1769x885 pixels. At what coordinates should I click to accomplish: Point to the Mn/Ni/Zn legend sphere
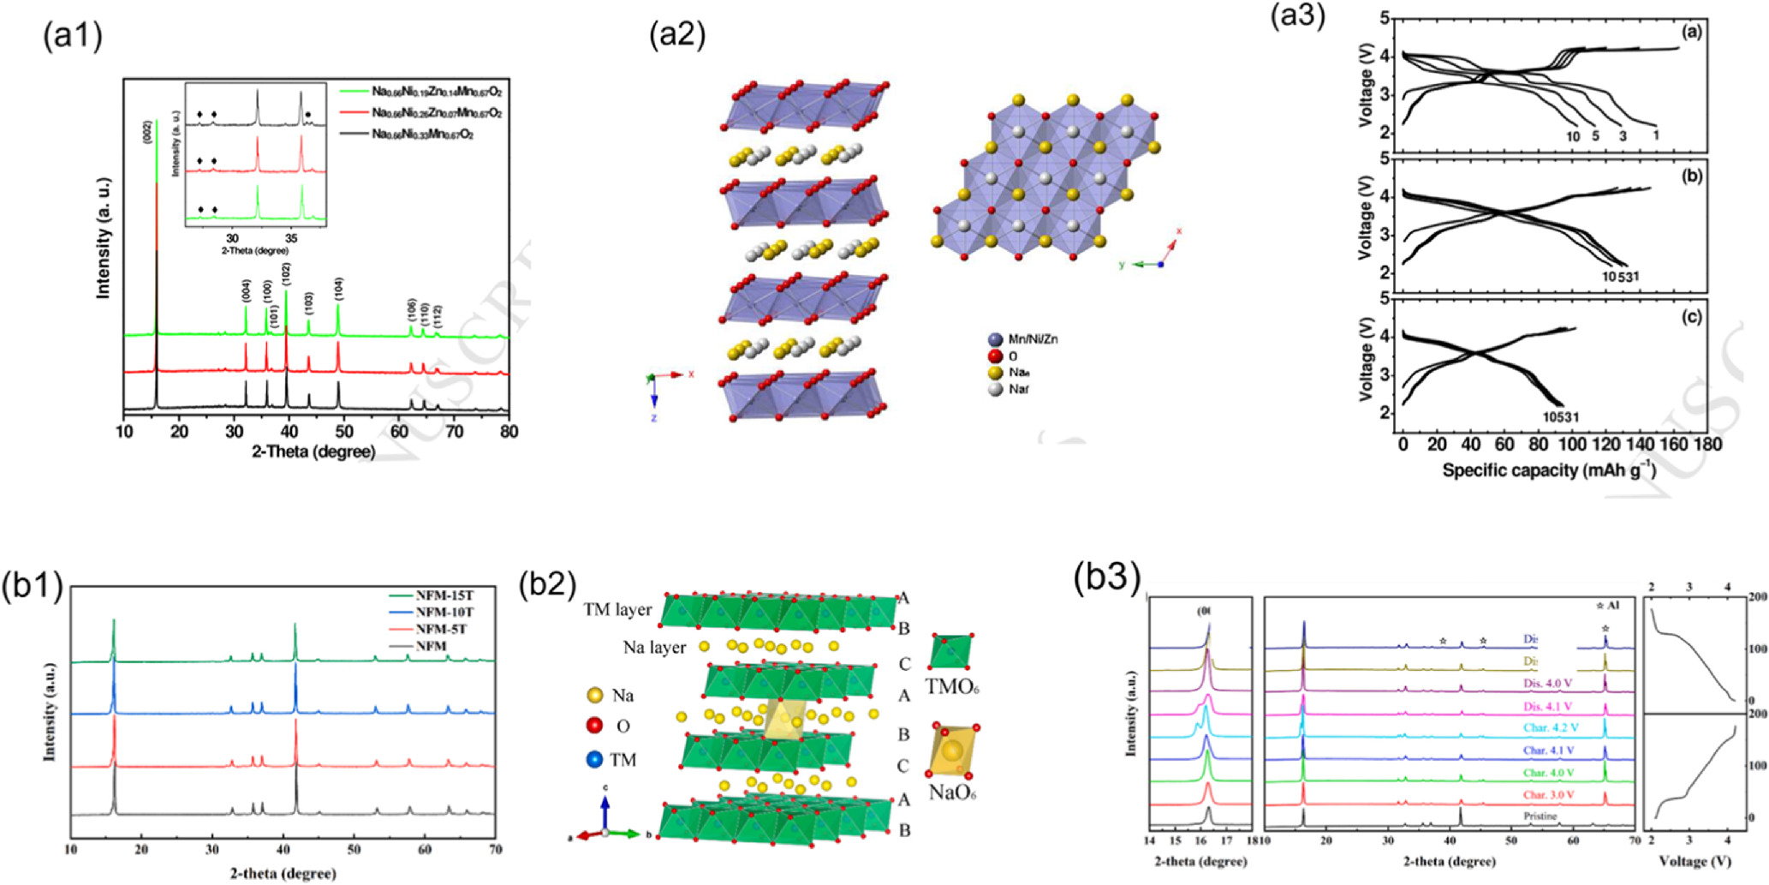tap(994, 339)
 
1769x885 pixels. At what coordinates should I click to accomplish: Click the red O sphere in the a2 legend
tap(994, 356)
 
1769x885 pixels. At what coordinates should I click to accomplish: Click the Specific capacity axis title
tap(1548, 470)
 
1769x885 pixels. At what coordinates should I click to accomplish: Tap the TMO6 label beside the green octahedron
tap(952, 685)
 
